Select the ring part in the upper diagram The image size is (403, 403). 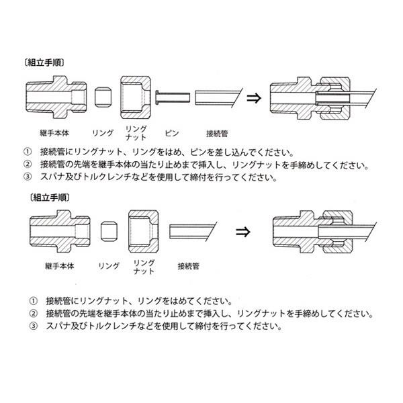tap(103, 98)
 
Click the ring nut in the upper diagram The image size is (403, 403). tap(137, 97)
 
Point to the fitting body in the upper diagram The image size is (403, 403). tap(55, 98)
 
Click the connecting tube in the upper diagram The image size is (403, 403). tap(214, 98)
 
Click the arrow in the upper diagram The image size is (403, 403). tap(253, 97)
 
